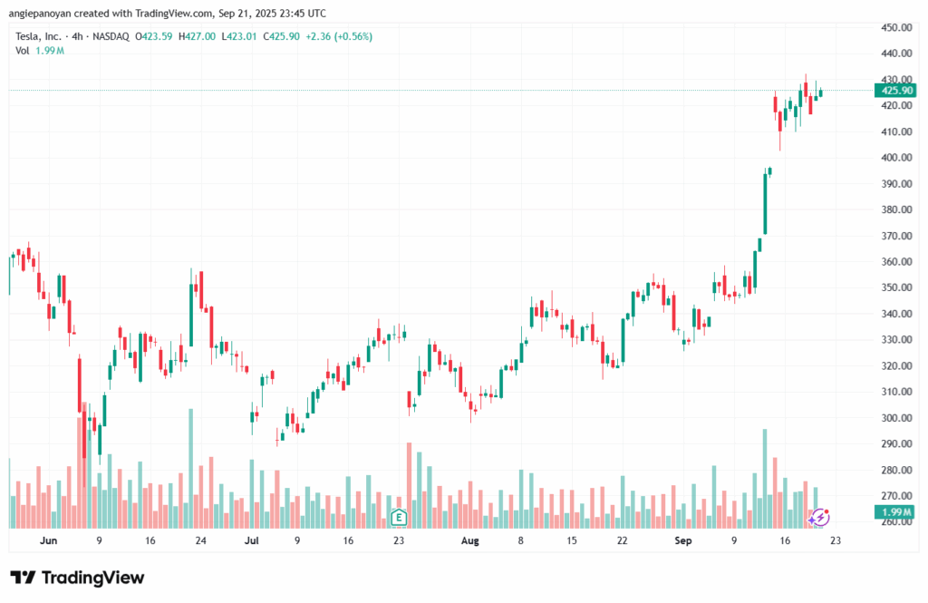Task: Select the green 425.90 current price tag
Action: (x=894, y=90)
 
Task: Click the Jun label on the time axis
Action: (x=49, y=540)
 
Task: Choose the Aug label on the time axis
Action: (x=469, y=540)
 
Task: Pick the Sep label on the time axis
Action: (x=684, y=540)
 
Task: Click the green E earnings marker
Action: (x=397, y=517)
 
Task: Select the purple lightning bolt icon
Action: (x=818, y=517)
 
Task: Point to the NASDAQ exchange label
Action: (x=110, y=36)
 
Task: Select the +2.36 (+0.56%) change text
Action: (x=340, y=36)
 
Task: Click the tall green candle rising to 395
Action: (x=766, y=204)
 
